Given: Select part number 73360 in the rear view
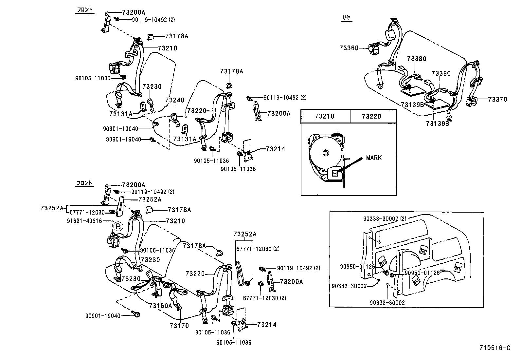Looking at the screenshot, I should (349, 48).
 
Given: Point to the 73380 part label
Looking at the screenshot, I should (417, 59).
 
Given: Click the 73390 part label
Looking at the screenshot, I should (440, 74).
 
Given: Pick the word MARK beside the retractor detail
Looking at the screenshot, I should (374, 158).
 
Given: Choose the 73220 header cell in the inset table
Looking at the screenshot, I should (372, 116).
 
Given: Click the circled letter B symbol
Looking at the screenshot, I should (118, 226).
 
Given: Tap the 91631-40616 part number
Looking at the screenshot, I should (84, 221).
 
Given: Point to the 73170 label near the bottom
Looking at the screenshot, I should (179, 326).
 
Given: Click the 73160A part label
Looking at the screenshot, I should (160, 305).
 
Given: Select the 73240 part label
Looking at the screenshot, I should (174, 100).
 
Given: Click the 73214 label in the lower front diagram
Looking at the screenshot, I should (267, 325).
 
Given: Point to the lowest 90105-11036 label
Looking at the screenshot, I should (234, 342).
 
